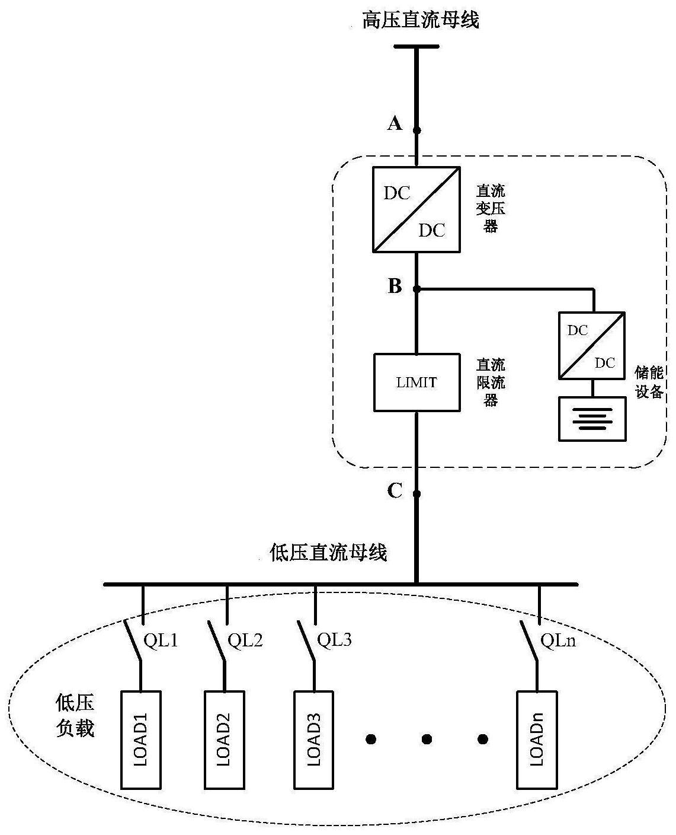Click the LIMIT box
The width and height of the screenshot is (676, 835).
[417, 383]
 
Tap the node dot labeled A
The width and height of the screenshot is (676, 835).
[417, 130]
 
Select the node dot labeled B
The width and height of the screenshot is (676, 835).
[417, 289]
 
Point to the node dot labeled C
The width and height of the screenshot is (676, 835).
[417, 493]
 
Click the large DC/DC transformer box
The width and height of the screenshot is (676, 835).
[417, 210]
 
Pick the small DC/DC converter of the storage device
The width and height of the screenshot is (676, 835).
[591, 346]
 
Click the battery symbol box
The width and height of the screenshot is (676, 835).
[592, 419]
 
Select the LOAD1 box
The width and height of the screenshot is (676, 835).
[141, 740]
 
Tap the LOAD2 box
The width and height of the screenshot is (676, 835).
[225, 740]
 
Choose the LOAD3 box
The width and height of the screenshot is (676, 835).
[315, 740]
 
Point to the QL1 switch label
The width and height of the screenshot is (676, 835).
[161, 640]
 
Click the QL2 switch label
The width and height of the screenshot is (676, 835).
[245, 640]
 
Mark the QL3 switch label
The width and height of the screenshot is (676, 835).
[335, 640]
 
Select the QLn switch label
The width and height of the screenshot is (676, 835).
[558, 640]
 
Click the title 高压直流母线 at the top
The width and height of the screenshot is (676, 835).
[421, 20]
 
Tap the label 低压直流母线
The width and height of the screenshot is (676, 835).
[328, 553]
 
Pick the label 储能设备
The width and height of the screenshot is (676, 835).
[649, 382]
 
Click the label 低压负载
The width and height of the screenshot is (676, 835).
[75, 716]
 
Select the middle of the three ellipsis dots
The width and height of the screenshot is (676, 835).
[427, 739]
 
